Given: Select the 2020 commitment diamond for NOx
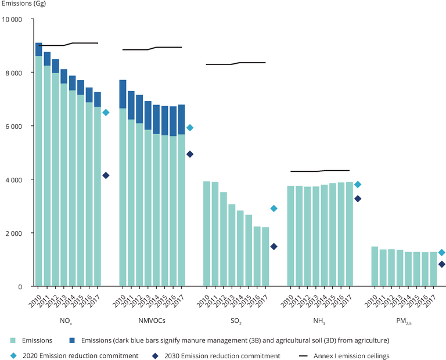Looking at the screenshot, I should tap(106, 113).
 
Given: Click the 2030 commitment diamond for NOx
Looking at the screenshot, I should tap(106, 175).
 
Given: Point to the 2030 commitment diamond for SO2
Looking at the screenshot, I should tap(274, 247).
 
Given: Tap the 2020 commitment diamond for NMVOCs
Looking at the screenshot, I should tap(189, 128).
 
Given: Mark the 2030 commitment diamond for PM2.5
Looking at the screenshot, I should tap(441, 264).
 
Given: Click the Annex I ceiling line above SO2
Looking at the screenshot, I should tap(235, 63).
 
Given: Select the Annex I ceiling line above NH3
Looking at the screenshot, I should tap(319, 171).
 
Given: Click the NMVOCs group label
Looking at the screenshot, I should tap(152, 319).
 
